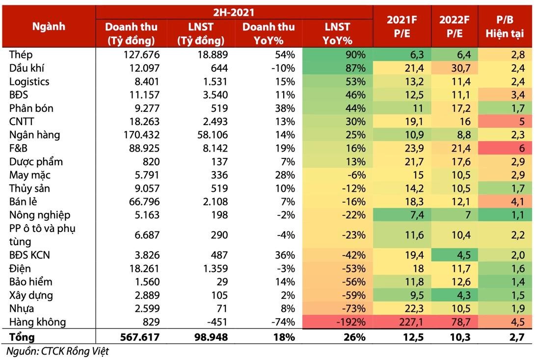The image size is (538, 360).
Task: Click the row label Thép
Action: [21, 55]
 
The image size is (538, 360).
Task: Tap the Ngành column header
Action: [49, 26]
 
